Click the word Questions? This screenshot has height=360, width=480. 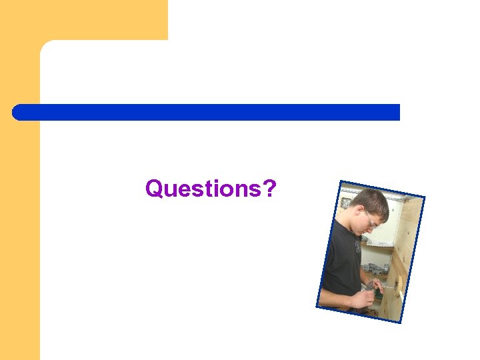point(211,189)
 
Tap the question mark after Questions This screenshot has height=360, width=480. point(270,189)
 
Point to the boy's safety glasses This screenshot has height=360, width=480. point(371,219)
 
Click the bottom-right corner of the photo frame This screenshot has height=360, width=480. point(401,323)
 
